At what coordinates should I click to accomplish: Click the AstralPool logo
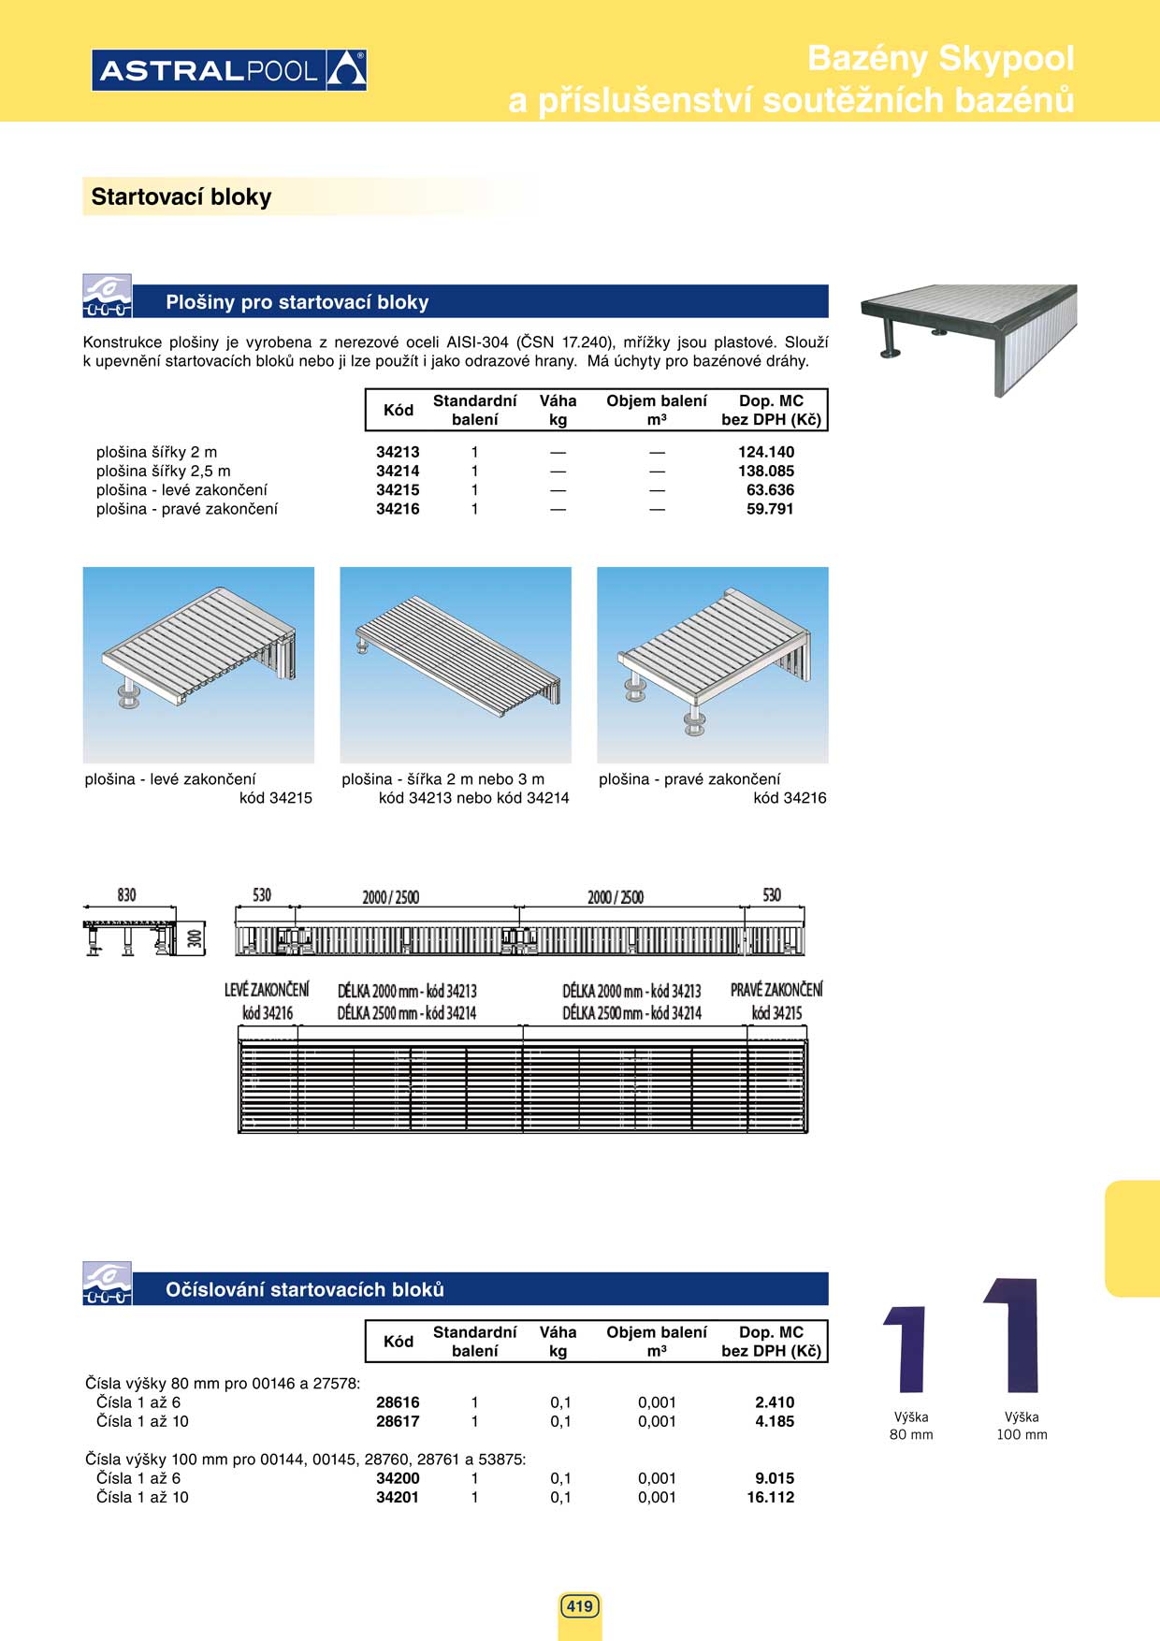229,70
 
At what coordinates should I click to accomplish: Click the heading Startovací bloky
181,197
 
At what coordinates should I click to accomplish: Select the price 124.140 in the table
766,452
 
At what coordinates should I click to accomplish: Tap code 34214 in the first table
398,472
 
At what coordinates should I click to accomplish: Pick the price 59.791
770,509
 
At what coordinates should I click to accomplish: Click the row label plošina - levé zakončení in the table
181,490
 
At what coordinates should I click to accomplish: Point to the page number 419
580,1606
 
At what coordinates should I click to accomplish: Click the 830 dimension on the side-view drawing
126,895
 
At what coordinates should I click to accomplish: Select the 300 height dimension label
195,937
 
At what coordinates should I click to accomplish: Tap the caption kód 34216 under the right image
790,798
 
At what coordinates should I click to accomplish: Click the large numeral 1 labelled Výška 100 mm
1013,1335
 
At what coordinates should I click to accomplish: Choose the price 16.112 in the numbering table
771,1497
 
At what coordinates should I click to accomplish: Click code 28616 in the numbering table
398,1402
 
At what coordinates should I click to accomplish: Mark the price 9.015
775,1478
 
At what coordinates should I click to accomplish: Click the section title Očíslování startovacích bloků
305,1289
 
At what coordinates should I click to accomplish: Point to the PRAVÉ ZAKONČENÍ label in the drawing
776,990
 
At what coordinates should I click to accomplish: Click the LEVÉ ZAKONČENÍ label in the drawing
267,990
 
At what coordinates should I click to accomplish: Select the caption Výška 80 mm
911,1426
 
